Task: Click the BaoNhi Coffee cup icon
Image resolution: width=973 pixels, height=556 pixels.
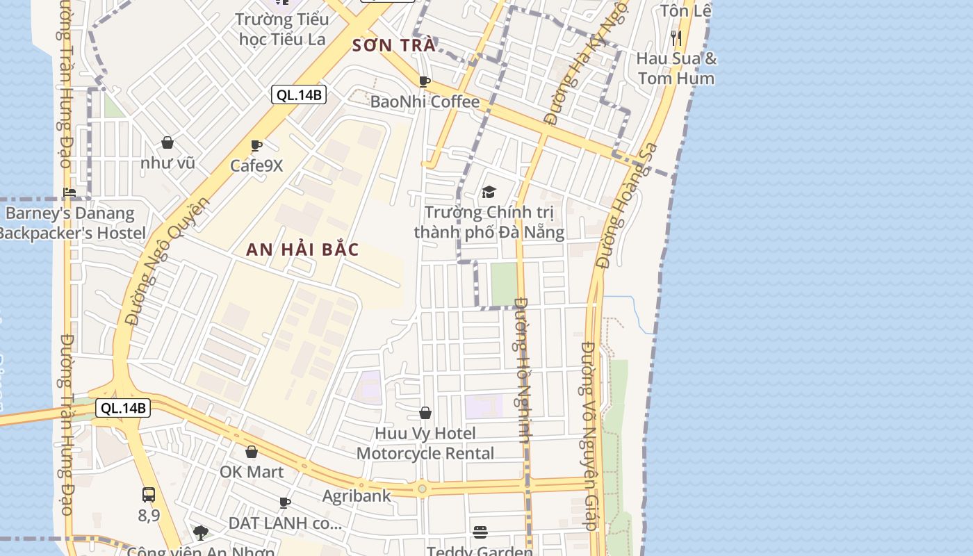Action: (x=425, y=82)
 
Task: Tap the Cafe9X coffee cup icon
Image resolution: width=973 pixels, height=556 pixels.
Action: (x=256, y=146)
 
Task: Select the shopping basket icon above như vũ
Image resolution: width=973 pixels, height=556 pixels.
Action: (x=167, y=143)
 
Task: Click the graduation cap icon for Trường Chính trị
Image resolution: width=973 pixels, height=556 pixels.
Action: (x=489, y=192)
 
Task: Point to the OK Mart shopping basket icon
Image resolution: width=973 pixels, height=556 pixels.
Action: (x=252, y=452)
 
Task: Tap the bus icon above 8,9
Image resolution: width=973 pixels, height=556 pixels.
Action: (x=149, y=495)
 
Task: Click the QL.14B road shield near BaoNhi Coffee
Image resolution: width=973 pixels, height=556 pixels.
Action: (x=299, y=95)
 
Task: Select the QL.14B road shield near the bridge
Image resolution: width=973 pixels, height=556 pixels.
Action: (x=123, y=408)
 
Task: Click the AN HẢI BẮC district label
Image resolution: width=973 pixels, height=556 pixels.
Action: (x=302, y=250)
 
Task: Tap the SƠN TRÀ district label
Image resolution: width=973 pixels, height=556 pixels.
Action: (x=393, y=46)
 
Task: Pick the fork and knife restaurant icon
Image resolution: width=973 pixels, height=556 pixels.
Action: (x=676, y=38)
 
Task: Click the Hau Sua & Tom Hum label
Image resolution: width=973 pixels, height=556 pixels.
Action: (x=676, y=68)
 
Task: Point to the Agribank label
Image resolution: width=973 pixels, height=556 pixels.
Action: (x=357, y=496)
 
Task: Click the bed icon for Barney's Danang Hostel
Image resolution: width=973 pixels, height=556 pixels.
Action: (x=69, y=193)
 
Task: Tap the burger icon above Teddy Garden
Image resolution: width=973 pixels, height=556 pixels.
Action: (x=480, y=532)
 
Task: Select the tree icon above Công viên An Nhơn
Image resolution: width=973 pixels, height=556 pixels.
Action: (x=201, y=533)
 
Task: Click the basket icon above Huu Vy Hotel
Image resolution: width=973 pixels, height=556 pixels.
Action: (x=425, y=414)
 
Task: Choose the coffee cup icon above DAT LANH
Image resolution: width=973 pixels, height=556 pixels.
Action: (x=284, y=502)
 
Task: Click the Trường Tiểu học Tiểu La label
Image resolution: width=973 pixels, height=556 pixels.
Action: (x=282, y=29)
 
